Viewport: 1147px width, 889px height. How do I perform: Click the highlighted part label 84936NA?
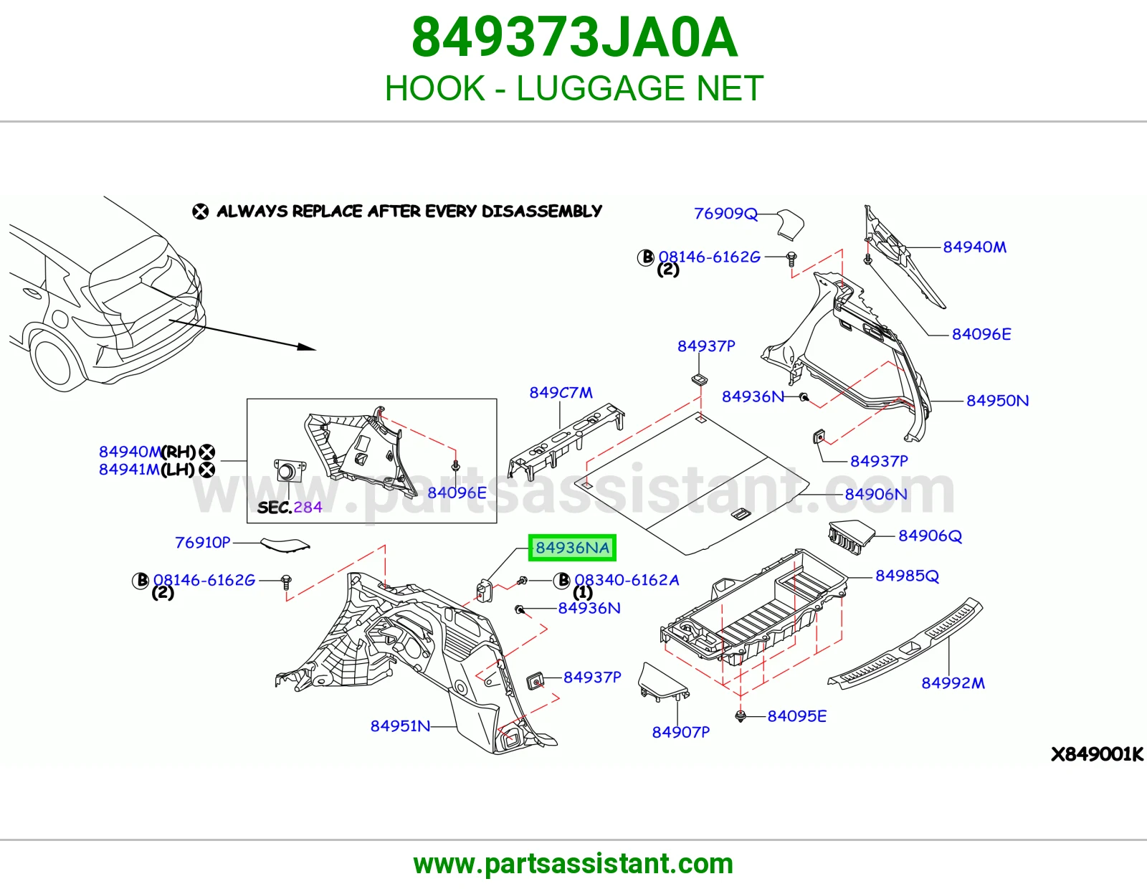coord(572,548)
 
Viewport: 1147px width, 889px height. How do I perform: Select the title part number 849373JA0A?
coord(574,37)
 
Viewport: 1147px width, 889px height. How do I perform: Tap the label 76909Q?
coord(725,213)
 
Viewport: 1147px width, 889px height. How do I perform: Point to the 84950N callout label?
coord(997,400)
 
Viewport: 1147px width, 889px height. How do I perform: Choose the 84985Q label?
coord(907,576)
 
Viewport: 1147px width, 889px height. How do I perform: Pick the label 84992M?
coord(953,683)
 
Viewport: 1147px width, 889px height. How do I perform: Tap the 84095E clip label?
coord(796,716)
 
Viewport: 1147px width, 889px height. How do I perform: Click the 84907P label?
coord(680,732)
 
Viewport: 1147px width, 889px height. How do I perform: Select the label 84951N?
coord(400,726)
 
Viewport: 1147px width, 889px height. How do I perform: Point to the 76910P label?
coord(203,542)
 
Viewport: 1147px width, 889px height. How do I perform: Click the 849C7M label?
coord(561,392)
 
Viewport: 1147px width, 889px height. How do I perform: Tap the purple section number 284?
coord(308,507)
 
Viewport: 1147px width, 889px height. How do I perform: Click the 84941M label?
coord(129,469)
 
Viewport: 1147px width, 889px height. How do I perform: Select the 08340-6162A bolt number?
coord(627,580)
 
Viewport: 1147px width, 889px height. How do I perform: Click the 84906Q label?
coord(930,536)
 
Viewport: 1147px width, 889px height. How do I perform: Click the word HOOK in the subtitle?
coord(434,88)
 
